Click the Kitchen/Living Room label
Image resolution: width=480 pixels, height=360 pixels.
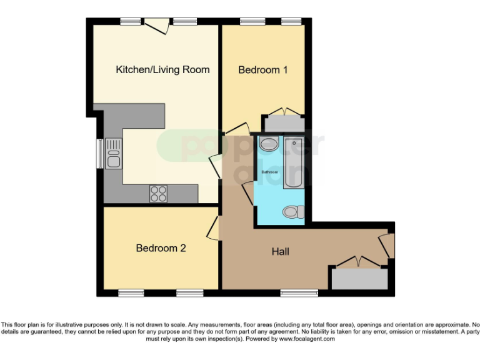162,69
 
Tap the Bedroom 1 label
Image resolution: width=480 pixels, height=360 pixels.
262,70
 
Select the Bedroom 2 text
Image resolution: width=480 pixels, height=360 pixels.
161,248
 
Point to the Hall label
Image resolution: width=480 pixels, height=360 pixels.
280,252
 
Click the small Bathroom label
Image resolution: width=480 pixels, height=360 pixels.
269,172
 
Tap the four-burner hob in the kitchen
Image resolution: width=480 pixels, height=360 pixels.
158,193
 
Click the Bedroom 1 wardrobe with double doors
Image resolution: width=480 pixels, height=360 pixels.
283,122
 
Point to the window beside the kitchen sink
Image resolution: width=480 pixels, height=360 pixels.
99,153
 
